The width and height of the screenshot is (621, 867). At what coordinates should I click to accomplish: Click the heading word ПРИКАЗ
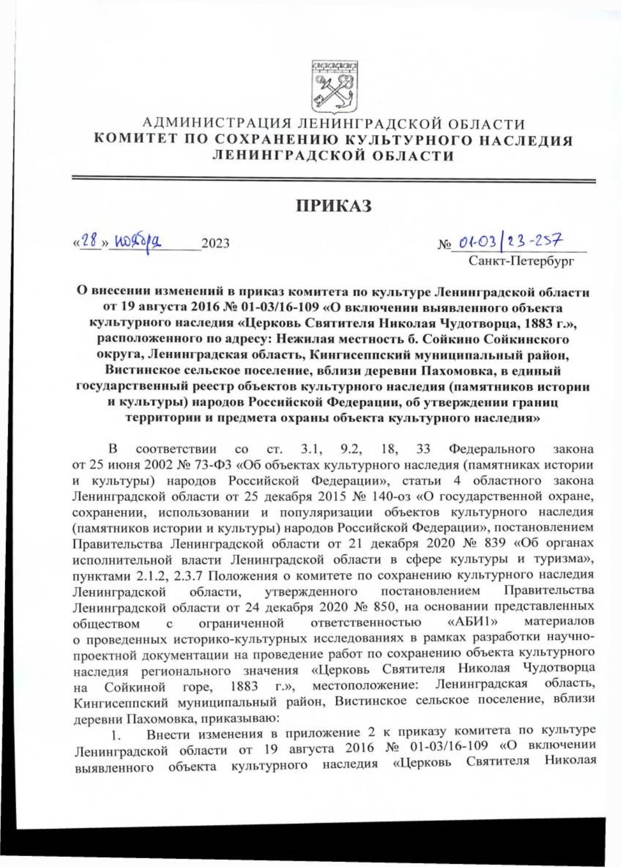[334, 206]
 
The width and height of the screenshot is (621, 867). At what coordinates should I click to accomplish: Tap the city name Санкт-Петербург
[521, 260]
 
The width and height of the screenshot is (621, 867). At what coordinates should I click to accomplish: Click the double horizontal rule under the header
[334, 179]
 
